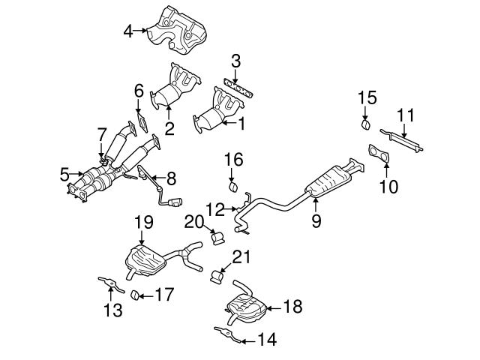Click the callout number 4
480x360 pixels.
pyautogui.click(x=128, y=31)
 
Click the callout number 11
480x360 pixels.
pyautogui.click(x=405, y=115)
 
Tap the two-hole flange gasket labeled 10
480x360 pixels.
pyautogui.click(x=379, y=156)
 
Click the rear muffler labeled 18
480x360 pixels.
pyautogui.click(x=243, y=307)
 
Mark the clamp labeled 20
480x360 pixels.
pyautogui.click(x=218, y=238)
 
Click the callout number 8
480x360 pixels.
pyautogui.click(x=171, y=178)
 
